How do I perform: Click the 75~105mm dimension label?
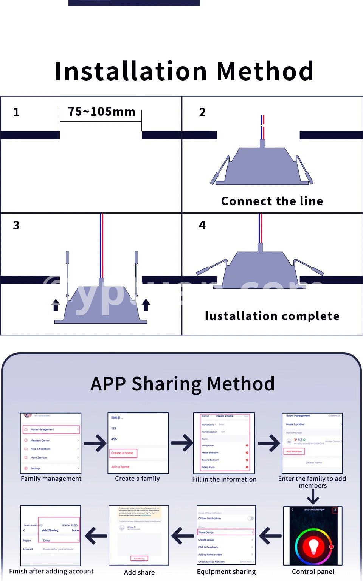coord(101,112)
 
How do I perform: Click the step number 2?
coord(202,112)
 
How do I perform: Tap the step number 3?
coord(16,225)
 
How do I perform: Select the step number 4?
coord(202,225)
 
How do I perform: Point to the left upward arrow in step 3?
coord(56,305)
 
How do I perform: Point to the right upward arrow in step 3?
coord(146,305)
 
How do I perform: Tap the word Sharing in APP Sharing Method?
coord(166,384)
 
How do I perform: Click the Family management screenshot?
coord(51,443)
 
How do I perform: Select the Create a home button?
coord(122,453)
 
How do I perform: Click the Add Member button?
coord(294,451)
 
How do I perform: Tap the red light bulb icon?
coord(313,546)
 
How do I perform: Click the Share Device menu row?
coord(226,532)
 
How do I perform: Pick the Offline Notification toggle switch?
coord(250,518)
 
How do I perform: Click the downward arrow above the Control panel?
coord(313,497)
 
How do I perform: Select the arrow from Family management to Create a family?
coord(95,443)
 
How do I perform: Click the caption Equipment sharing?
coord(226,572)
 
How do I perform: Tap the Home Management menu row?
coord(51,429)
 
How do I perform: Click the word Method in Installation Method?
coord(265,71)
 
